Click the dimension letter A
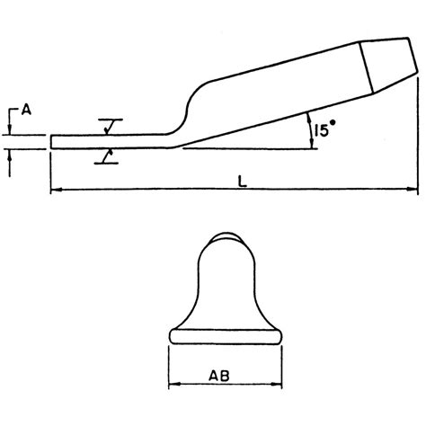pyautogui.click(x=26, y=110)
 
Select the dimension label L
pyautogui.click(x=244, y=181)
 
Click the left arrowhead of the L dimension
pyautogui.click(x=56, y=191)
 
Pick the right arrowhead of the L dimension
pyautogui.click(x=413, y=191)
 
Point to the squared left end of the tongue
pyautogui.click(x=52, y=141)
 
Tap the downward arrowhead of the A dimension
pyautogui.click(x=11, y=130)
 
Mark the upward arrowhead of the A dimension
pyautogui.click(x=11, y=154)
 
